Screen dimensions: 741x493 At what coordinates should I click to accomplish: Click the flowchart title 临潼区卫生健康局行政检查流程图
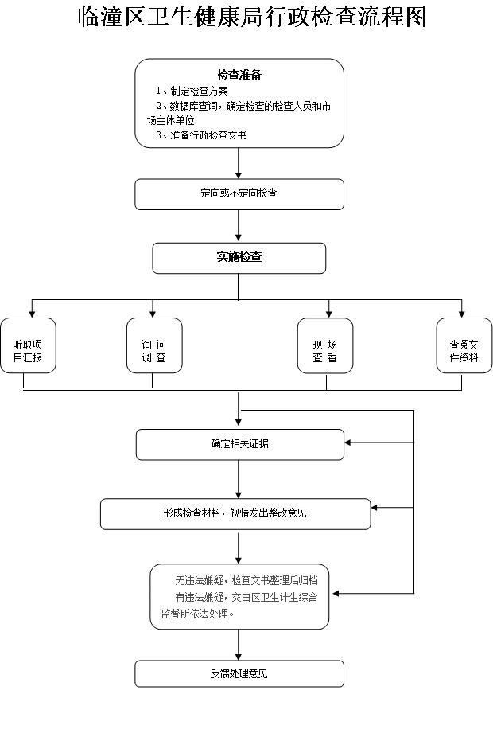tap(252, 18)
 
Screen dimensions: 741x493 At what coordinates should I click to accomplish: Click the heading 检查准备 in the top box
tap(239, 76)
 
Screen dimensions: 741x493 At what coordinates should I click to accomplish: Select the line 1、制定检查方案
tap(192, 91)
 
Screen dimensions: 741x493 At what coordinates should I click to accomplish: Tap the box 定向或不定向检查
tap(239, 193)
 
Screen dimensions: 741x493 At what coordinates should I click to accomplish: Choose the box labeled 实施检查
tap(239, 257)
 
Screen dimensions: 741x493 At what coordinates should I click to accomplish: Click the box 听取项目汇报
tap(29, 345)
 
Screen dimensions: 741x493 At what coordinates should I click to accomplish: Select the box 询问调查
tap(154, 345)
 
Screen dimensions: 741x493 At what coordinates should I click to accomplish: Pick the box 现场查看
tap(325, 345)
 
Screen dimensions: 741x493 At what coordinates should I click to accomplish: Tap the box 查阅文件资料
tap(464, 345)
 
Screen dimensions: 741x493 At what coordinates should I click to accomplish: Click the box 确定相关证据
tap(239, 444)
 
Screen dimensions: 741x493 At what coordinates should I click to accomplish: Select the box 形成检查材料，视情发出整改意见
tap(235, 513)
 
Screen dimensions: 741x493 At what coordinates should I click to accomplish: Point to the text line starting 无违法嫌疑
tap(246, 579)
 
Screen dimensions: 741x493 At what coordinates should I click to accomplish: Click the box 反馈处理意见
tap(239, 673)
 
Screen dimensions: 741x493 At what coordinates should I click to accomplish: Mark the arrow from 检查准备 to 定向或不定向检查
tap(239, 163)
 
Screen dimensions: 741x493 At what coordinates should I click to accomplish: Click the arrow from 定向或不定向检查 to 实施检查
tap(239, 226)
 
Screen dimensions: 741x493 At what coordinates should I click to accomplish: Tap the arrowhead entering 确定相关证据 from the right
tap(349, 443)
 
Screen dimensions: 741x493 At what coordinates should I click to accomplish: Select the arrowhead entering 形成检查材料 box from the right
tap(375, 507)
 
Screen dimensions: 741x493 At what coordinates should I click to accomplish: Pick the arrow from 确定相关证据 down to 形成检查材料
tap(239, 479)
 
